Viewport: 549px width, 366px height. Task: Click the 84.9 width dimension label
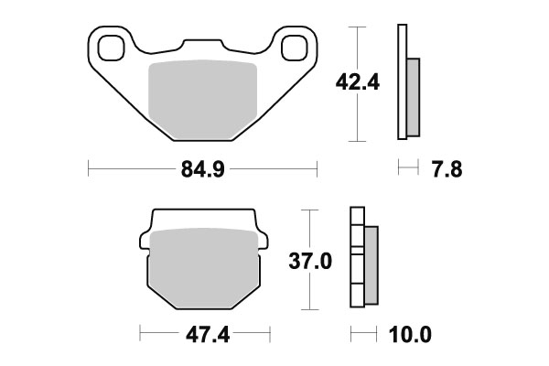coord(202,168)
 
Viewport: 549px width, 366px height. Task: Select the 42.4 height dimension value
coord(351,83)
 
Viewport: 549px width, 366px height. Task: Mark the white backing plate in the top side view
coord(401,83)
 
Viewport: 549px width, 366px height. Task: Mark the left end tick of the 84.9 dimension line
coord(88,168)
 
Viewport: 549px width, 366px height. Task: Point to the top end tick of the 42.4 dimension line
coord(357,26)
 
